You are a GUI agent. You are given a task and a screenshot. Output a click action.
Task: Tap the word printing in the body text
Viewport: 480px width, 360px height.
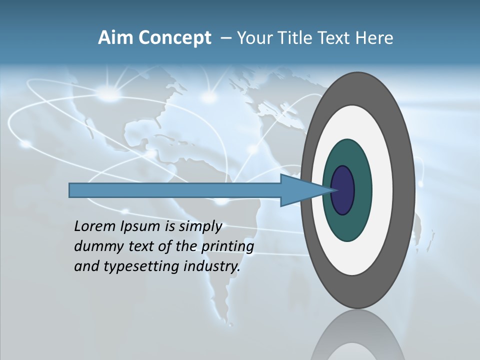227,247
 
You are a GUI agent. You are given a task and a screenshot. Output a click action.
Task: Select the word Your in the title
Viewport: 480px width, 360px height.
254,38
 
